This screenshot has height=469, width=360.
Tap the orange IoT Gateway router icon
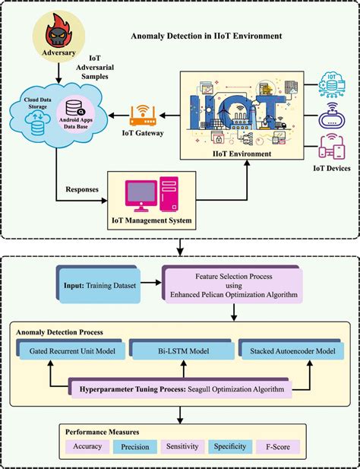(143, 116)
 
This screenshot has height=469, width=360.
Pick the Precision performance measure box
(136, 447)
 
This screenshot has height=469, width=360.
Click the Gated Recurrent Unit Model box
(71, 350)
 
